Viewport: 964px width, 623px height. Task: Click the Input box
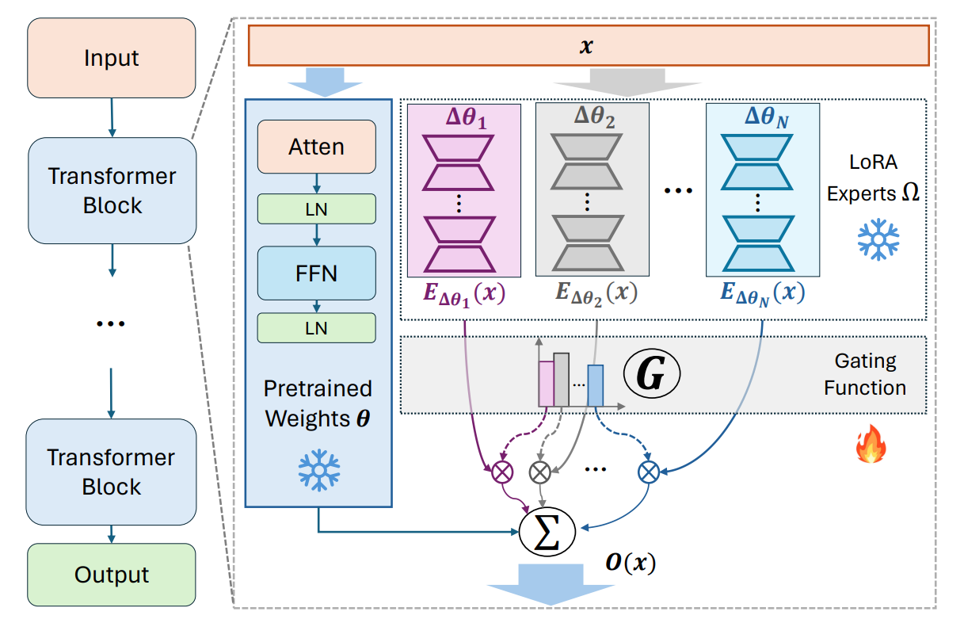111,58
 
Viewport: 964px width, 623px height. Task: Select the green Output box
111,575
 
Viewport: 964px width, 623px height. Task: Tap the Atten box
316,147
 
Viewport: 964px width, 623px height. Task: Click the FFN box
316,273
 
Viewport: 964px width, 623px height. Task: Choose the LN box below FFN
316,328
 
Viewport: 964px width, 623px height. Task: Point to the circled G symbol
651,376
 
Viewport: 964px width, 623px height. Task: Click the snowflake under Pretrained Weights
318,469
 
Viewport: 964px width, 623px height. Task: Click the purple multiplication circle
501,473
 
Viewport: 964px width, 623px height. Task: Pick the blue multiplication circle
649,473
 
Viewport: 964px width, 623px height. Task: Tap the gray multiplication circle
539,473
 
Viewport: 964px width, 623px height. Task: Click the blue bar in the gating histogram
596,385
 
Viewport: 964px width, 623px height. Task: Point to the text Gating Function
865,375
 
